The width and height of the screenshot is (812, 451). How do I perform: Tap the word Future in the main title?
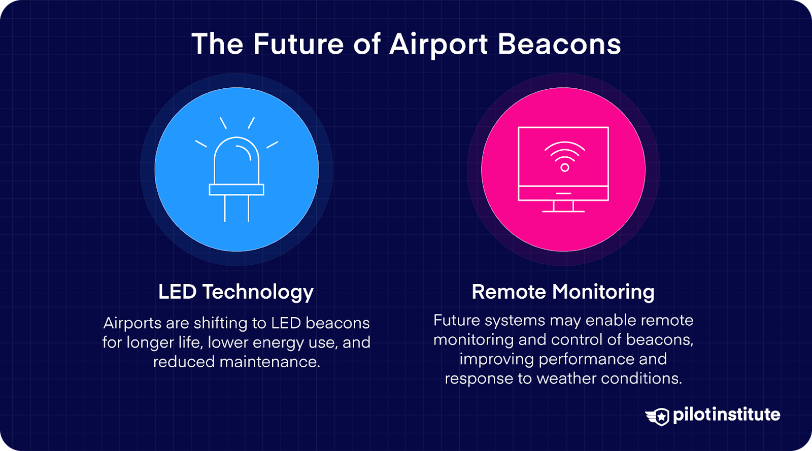pos(298,44)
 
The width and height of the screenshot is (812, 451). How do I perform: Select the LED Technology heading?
pos(236,292)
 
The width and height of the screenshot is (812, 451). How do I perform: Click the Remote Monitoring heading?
pos(563,292)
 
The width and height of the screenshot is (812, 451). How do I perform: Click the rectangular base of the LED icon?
pos(236,190)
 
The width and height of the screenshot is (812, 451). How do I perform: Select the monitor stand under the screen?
pos(563,206)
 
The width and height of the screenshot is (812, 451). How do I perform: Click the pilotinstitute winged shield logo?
pos(658,417)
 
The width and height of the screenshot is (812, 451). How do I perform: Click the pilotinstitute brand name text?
pos(726,414)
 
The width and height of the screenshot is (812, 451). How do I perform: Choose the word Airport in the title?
pos(438,44)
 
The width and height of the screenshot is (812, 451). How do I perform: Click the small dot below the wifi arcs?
pos(564,167)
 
